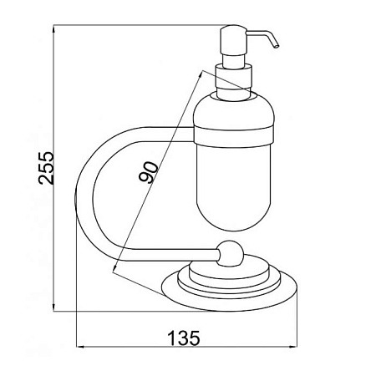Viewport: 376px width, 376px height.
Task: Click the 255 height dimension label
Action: click(46, 168)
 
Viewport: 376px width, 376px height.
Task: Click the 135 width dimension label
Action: click(184, 338)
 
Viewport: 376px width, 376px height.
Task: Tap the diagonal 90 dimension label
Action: click(149, 172)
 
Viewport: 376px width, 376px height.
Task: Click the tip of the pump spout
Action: click(277, 46)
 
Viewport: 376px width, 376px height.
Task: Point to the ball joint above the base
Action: click(231, 253)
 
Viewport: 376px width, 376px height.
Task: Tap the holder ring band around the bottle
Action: click(233, 136)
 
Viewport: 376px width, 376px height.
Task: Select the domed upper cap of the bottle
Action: click(234, 110)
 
